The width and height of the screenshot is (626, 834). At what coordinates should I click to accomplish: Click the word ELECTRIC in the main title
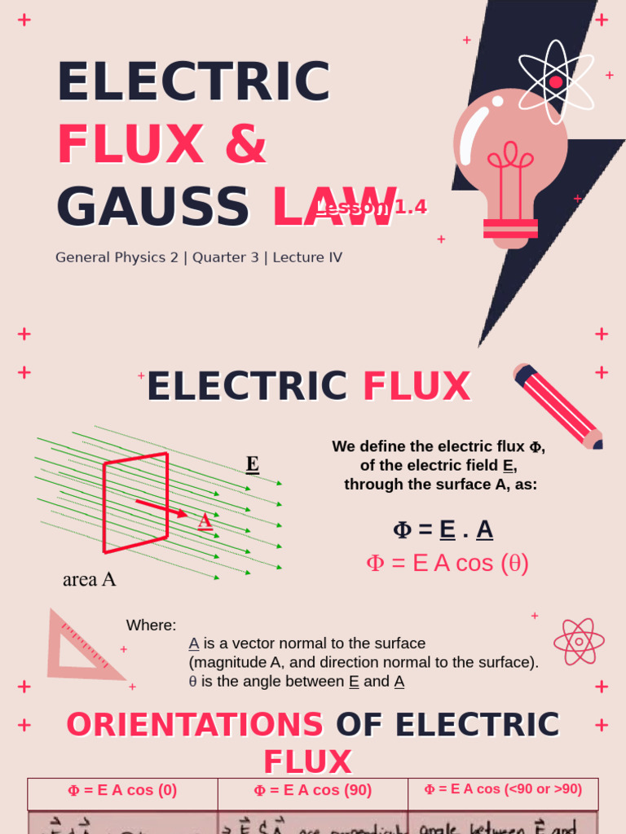pyautogui.click(x=193, y=82)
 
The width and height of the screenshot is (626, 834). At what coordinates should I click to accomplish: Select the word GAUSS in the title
pyautogui.click(x=152, y=207)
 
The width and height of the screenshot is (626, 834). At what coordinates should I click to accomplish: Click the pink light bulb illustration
pyautogui.click(x=510, y=163)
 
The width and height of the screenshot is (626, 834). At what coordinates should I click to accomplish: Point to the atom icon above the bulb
pyautogui.click(x=556, y=81)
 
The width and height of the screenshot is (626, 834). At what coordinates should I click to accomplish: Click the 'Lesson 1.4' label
pyautogui.click(x=372, y=208)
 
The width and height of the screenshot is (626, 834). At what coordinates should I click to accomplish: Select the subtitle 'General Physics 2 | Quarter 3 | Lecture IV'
pyautogui.click(x=199, y=257)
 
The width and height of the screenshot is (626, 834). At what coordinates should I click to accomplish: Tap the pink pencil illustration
pyautogui.click(x=558, y=406)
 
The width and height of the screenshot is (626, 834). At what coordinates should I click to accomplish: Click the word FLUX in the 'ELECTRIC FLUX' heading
pyautogui.click(x=417, y=387)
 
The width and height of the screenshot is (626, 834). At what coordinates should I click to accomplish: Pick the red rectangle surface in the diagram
pyautogui.click(x=135, y=503)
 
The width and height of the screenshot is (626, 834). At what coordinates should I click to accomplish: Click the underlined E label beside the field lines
pyautogui.click(x=253, y=464)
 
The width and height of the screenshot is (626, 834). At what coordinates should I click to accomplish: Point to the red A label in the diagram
pyautogui.click(x=205, y=520)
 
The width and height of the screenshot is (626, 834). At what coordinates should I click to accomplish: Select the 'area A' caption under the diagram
pyautogui.click(x=90, y=579)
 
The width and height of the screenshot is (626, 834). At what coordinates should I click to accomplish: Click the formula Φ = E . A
pyautogui.click(x=443, y=529)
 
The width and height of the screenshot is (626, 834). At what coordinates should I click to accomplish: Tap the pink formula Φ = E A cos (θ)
pyautogui.click(x=447, y=564)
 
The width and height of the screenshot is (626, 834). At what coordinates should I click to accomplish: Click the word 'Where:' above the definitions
pyautogui.click(x=151, y=625)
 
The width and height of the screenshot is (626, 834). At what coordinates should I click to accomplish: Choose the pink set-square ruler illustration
pyautogui.click(x=80, y=647)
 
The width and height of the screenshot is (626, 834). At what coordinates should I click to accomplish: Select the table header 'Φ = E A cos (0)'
pyautogui.click(x=122, y=790)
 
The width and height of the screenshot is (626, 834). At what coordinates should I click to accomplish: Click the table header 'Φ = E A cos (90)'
pyautogui.click(x=313, y=790)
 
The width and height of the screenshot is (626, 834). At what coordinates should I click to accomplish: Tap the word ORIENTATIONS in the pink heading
pyautogui.click(x=195, y=725)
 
